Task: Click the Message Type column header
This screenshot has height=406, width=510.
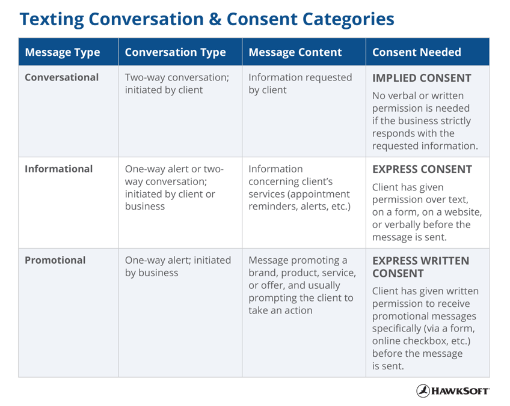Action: coord(63,52)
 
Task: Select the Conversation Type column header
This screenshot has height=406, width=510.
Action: coord(176,52)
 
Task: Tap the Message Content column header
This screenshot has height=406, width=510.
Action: coord(295,52)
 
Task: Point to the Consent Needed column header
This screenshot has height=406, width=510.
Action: coord(417,52)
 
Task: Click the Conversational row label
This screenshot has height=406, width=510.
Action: coord(61,77)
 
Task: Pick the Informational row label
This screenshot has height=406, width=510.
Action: coord(58,169)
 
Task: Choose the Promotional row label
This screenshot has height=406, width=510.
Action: coord(55,260)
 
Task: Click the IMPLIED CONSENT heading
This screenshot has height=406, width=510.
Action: coord(422,78)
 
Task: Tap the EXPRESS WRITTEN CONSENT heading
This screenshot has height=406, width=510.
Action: coord(420,267)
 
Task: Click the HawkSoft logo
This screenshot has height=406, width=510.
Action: coord(453,390)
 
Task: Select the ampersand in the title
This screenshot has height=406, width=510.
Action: coord(215,19)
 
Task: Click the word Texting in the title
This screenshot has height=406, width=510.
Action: coord(52,19)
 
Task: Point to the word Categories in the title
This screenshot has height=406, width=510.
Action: coord(348,19)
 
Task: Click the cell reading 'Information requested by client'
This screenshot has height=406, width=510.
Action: coord(300,83)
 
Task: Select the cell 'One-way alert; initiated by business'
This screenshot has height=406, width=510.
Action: coord(178,266)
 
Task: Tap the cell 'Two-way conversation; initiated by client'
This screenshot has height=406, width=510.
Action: coord(177,83)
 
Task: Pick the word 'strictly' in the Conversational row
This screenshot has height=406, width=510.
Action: coord(456,121)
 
